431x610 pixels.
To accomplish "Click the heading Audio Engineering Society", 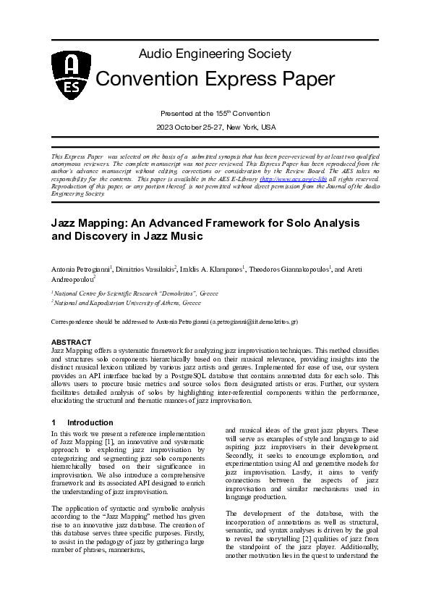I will coord(215,54).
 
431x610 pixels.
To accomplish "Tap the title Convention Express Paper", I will coord(215,78).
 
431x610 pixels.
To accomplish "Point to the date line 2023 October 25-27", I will coord(216,127).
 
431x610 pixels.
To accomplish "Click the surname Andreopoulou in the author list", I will coord(72,278).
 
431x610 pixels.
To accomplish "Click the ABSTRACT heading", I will coord(71,341).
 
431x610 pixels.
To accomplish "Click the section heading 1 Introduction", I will coord(82,422).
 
